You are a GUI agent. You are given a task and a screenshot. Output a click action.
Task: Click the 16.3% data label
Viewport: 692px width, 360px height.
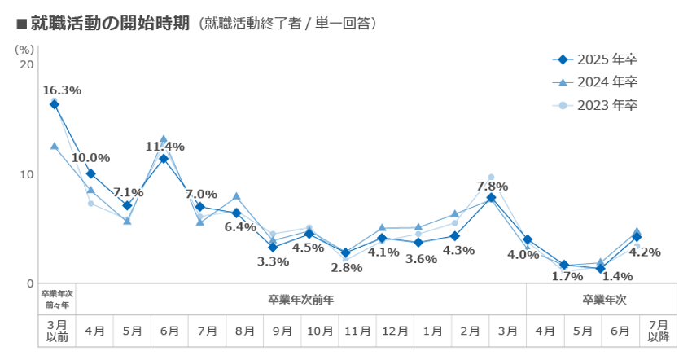coord(62,90)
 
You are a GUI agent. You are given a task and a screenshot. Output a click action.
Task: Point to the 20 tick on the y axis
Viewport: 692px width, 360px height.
coord(27,64)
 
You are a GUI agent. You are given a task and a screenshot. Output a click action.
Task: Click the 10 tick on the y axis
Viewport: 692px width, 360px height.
coord(27,174)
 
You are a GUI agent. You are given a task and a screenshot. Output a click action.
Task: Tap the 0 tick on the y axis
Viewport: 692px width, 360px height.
coord(30,283)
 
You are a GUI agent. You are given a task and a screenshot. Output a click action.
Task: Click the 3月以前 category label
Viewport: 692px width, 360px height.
coord(57,331)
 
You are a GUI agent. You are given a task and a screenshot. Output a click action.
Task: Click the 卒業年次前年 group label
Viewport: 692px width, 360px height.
coord(301,299)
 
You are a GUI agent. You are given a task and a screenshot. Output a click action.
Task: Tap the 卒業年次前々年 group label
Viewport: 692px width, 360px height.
coord(57,299)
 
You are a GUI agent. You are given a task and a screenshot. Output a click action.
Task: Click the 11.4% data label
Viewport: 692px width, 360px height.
coord(165,147)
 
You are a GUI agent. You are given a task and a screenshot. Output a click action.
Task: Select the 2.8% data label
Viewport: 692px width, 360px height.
coord(347,267)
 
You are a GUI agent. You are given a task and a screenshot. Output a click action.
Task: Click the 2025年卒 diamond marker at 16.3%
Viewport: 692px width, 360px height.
coord(55,104)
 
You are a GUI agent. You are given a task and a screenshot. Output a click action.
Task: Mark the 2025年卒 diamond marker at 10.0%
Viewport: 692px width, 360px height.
coord(91,173)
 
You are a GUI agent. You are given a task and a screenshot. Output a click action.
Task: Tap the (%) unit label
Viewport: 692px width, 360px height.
coord(24,48)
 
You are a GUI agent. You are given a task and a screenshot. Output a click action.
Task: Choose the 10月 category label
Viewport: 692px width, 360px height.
coord(319,331)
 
